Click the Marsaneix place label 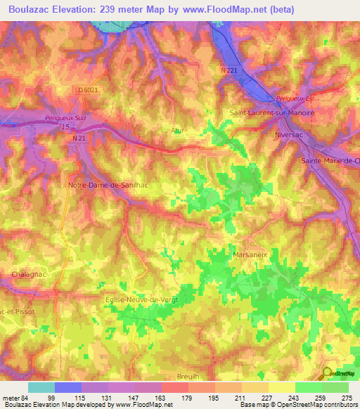point(250,254)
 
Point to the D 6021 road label point(88,90)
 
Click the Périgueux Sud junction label point(65,117)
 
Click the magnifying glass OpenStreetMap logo point(328,374)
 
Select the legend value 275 point(346,397)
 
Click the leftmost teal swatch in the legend point(41,387)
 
